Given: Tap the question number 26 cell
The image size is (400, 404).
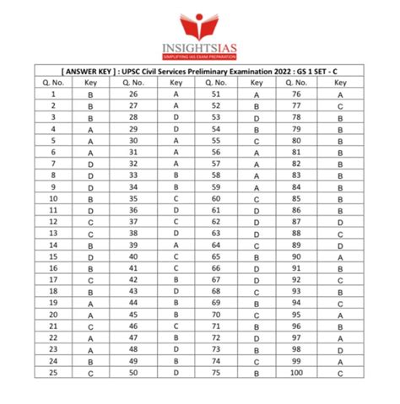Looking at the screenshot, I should click(132, 95).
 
